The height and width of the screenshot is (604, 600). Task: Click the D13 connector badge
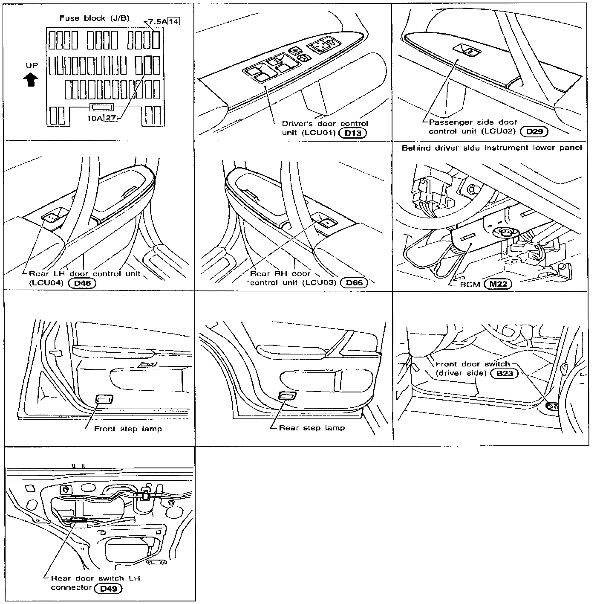click(353, 133)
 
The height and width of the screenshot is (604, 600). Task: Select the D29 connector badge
click(534, 131)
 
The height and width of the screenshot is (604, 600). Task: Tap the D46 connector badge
click(82, 282)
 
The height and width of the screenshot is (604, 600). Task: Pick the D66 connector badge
click(354, 282)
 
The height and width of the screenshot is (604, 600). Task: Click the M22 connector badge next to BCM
click(498, 284)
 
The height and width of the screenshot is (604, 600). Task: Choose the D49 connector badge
click(108, 589)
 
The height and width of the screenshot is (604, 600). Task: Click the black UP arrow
click(31, 79)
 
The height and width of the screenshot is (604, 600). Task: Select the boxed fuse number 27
click(111, 118)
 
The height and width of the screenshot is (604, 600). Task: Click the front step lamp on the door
click(104, 399)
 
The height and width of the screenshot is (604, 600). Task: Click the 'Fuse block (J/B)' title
click(95, 18)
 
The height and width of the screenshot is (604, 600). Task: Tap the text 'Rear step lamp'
click(312, 428)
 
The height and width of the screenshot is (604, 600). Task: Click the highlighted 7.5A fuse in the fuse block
click(156, 40)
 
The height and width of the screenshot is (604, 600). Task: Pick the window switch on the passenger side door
click(468, 50)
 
